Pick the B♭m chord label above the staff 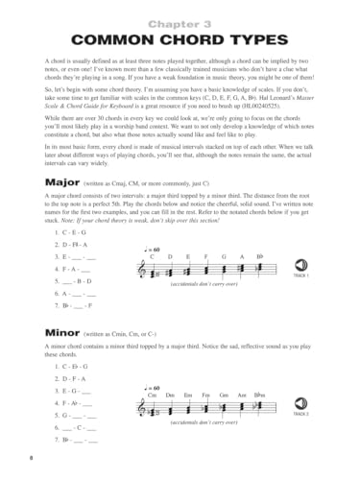[259, 394]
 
